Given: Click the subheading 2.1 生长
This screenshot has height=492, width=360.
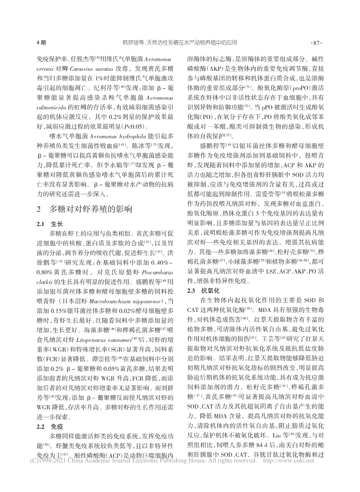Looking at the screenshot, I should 50,224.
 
